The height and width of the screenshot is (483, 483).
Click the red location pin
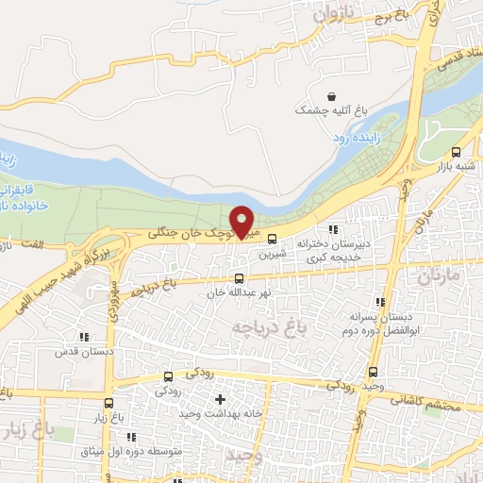click(x=242, y=222)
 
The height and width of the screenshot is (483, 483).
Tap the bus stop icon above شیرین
click(x=273, y=239)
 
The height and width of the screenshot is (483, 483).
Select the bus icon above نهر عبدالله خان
click(x=239, y=278)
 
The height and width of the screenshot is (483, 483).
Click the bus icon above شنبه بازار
click(x=457, y=153)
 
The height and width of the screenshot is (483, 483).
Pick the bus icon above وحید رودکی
click(x=374, y=372)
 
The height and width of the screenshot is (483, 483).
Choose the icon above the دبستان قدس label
click(x=84, y=336)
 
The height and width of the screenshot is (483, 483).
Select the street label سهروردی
click(x=112, y=301)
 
